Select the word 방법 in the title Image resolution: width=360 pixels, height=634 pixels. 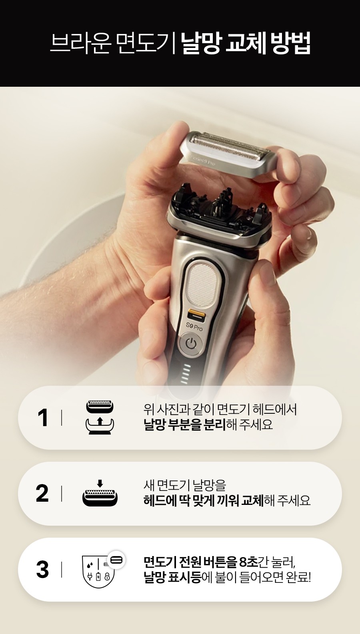[x=290, y=43]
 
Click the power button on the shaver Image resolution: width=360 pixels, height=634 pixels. [x=191, y=344]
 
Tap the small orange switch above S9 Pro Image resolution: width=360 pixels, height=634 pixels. [x=197, y=314]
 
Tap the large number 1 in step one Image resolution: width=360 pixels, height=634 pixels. [x=43, y=417]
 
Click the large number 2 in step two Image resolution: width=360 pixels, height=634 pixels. [x=42, y=493]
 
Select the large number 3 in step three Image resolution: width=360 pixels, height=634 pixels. [x=42, y=569]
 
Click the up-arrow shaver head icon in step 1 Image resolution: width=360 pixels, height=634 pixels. [x=100, y=417]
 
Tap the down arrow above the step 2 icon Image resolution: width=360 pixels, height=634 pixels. [x=100, y=483]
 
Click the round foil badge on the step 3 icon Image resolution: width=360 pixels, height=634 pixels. [x=116, y=560]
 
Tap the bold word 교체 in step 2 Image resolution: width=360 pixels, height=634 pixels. [x=252, y=500]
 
